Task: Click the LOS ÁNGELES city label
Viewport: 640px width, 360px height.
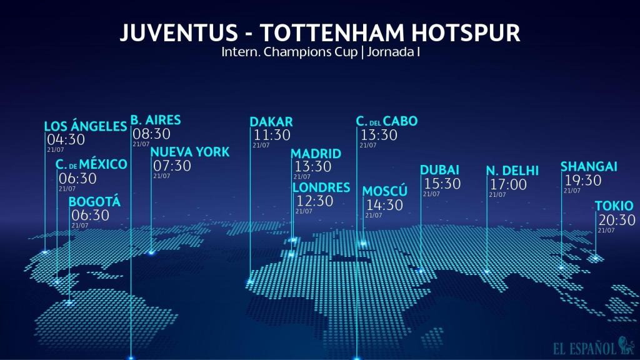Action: pyautogui.click(x=86, y=127)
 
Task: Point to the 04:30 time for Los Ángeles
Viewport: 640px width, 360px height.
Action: pyautogui.click(x=66, y=140)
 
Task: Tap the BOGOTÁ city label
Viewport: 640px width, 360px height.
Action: pyautogui.click(x=94, y=202)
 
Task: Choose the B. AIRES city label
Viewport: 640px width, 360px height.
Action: pyautogui.click(x=156, y=120)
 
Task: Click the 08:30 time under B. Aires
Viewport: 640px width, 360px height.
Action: pyautogui.click(x=151, y=134)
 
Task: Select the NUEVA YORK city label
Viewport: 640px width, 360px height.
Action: pyautogui.click(x=190, y=152)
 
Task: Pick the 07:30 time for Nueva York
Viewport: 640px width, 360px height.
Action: pyautogui.click(x=172, y=166)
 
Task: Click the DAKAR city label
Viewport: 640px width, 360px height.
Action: pyautogui.click(x=271, y=121)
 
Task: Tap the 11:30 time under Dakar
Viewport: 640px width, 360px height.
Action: pyautogui.click(x=272, y=135)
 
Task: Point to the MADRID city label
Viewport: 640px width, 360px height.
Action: pyautogui.click(x=316, y=154)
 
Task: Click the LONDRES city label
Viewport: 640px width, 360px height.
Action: pyautogui.click(x=321, y=187)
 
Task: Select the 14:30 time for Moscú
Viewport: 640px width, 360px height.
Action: pyautogui.click(x=384, y=205)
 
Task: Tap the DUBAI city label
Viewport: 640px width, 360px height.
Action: pyautogui.click(x=439, y=170)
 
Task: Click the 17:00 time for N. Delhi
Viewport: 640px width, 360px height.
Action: pyautogui.click(x=508, y=184)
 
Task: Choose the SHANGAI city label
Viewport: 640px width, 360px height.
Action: pyautogui.click(x=589, y=166)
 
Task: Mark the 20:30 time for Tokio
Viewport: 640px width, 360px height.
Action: pyautogui.click(x=617, y=220)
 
